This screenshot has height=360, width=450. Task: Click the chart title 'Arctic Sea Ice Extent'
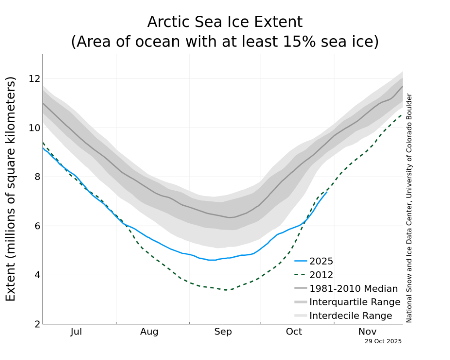pyautogui.click(x=225, y=22)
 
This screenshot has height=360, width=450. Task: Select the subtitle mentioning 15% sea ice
pyautogui.click(x=225, y=42)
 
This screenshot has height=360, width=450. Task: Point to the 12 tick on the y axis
pyautogui.click(x=34, y=79)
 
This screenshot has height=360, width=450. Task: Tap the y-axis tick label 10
pyautogui.click(x=34, y=128)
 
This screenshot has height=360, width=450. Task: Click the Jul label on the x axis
pyautogui.click(x=76, y=332)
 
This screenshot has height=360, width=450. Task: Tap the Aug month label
pyautogui.click(x=149, y=332)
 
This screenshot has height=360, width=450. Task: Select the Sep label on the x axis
pyautogui.click(x=223, y=332)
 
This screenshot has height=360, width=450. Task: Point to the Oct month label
pyautogui.click(x=294, y=332)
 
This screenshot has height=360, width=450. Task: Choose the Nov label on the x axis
pyautogui.click(x=367, y=332)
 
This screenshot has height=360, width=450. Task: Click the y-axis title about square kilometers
pyautogui.click(x=11, y=189)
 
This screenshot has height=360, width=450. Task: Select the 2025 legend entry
pyautogui.click(x=321, y=262)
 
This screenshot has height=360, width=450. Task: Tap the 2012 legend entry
pyautogui.click(x=321, y=275)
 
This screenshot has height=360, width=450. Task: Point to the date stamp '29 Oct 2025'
pyautogui.click(x=383, y=341)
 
